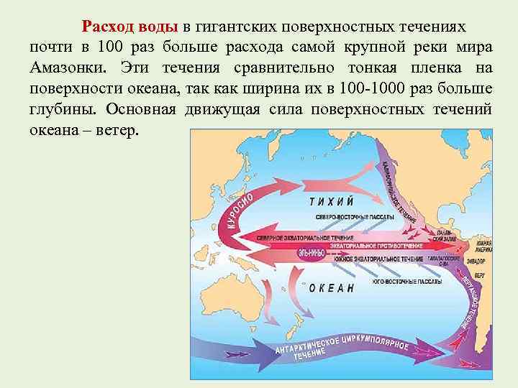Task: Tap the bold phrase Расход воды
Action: tap(129, 27)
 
